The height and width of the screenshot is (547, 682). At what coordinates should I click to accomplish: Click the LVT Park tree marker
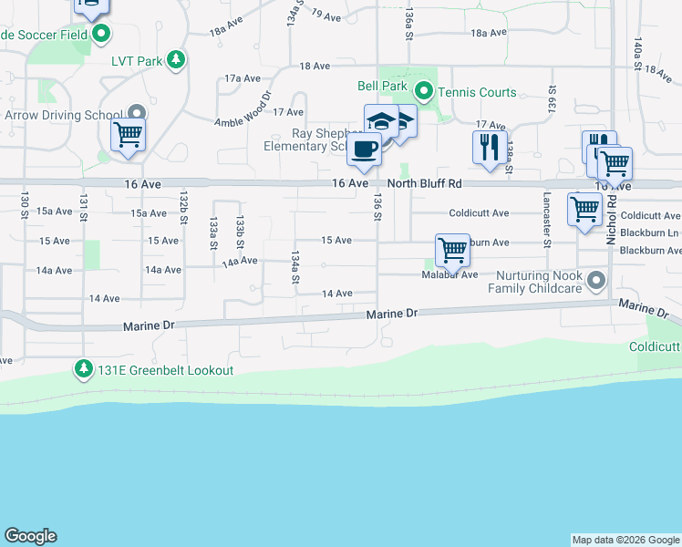click(x=176, y=61)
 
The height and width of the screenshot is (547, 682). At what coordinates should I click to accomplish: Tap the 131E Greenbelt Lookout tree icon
click(x=84, y=369)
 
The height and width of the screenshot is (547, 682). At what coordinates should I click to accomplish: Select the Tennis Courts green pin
click(x=423, y=91)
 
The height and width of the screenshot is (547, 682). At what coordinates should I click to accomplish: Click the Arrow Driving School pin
click(x=137, y=114)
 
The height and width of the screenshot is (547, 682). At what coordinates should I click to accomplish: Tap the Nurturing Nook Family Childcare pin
click(x=597, y=281)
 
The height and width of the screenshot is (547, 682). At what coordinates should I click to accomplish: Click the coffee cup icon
click(x=364, y=150)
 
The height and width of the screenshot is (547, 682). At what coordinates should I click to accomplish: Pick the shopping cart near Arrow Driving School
click(x=128, y=135)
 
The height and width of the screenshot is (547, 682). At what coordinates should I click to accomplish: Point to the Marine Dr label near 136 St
click(x=392, y=314)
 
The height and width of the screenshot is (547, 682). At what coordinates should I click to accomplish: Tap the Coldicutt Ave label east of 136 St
click(x=479, y=213)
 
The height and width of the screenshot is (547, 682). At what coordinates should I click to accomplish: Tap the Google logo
click(x=30, y=536)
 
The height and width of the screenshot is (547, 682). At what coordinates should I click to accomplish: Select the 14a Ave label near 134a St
click(x=241, y=262)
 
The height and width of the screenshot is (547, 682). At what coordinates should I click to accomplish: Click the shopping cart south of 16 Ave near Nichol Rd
click(x=584, y=208)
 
